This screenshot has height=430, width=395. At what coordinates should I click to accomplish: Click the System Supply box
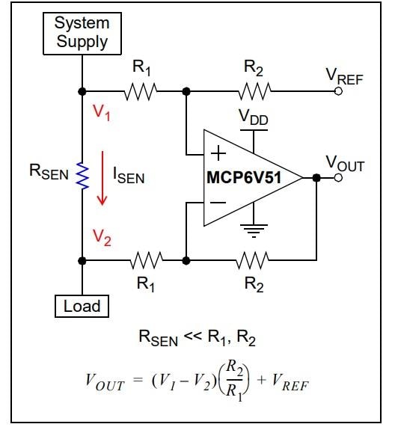click(x=82, y=34)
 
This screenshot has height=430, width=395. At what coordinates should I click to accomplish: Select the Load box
click(x=82, y=305)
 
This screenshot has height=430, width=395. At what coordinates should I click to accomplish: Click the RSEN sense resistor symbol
click(x=82, y=175)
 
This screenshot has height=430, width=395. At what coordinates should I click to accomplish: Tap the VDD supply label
click(x=255, y=117)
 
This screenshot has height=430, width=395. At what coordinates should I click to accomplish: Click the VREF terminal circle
click(x=338, y=91)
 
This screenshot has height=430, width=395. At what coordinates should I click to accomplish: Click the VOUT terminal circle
click(x=338, y=178)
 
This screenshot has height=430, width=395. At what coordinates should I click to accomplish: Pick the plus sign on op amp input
click(x=218, y=154)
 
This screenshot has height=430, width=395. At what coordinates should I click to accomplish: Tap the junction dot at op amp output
click(x=316, y=178)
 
